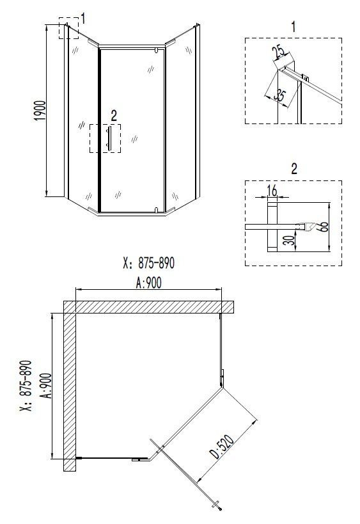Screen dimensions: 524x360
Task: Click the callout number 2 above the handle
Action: [114, 116]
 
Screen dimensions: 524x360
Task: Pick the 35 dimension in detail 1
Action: [279, 95]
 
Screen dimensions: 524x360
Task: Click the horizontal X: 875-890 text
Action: [148, 263]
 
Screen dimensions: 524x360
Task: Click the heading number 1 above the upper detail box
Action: [293, 26]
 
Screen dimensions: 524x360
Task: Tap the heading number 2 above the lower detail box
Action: [293, 170]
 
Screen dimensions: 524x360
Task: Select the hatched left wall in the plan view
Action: [70, 390]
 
